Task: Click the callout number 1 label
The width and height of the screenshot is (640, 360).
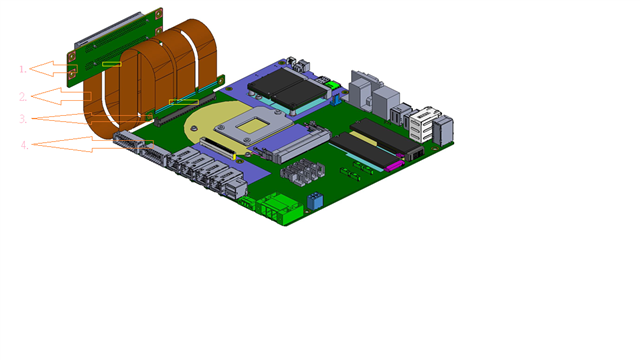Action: (x=23, y=69)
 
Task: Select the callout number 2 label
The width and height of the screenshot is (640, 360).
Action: (x=23, y=97)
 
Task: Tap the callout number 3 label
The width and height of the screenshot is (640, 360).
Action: (x=24, y=119)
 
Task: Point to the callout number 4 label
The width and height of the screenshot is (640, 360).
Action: (x=25, y=145)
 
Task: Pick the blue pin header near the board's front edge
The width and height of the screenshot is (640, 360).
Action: (x=315, y=201)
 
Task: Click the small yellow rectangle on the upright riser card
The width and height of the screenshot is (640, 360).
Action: (x=111, y=64)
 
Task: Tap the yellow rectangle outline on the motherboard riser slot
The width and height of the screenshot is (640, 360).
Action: (x=184, y=102)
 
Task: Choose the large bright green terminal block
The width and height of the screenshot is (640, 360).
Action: (x=281, y=209)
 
